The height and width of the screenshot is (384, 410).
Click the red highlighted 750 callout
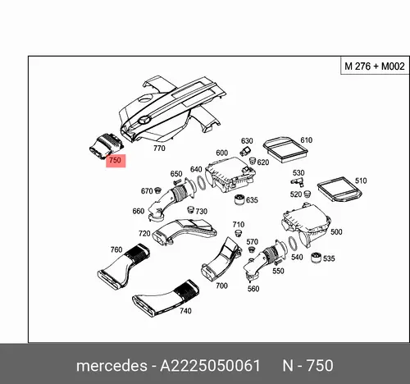point(116,161)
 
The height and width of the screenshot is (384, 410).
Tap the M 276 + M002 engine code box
point(375,66)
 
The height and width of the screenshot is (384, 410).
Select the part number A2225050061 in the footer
point(210,366)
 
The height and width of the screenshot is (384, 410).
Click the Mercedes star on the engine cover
point(144,120)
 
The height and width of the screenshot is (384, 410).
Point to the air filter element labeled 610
point(285,149)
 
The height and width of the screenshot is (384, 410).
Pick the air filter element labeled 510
point(339,190)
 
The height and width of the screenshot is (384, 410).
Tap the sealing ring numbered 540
point(293,243)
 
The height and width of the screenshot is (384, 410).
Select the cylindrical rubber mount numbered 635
point(239,199)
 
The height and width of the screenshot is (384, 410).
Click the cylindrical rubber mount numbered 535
point(317,258)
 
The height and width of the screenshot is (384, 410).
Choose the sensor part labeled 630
point(245,151)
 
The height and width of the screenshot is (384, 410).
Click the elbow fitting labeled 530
point(297,181)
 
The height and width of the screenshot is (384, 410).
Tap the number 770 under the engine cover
point(159,148)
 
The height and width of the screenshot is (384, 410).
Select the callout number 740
point(185,311)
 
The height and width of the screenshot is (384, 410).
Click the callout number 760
point(116,249)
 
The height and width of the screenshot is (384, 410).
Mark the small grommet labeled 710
point(239,234)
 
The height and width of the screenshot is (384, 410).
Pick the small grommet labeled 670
point(157,190)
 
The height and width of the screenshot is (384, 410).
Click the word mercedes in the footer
point(112,366)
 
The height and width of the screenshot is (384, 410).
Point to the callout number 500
point(336,232)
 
